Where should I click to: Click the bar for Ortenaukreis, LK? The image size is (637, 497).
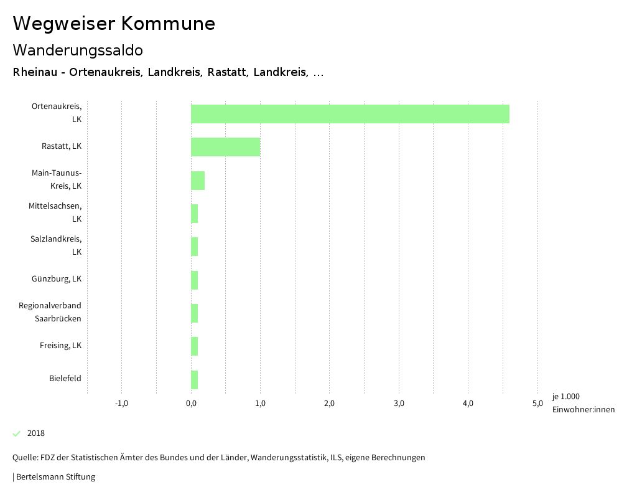click(350, 114)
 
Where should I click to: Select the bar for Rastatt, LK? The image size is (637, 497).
click(225, 147)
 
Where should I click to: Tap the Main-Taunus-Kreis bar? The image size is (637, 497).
click(198, 181)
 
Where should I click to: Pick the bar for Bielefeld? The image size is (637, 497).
click(195, 380)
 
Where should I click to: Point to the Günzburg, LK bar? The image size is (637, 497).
click(195, 280)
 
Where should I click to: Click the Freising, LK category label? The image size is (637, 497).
click(60, 346)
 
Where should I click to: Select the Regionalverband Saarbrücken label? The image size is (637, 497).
click(50, 312)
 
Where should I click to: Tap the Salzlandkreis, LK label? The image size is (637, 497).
click(56, 245)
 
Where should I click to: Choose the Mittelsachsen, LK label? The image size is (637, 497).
click(55, 212)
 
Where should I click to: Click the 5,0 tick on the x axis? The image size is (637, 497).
click(537, 404)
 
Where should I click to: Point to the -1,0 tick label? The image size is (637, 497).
click(122, 404)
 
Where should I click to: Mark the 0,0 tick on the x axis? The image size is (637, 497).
click(191, 404)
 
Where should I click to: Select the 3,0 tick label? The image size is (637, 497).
click(399, 404)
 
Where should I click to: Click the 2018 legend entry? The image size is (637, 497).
click(36, 433)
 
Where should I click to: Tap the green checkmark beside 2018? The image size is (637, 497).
click(17, 433)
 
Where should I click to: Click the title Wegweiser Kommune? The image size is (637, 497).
click(114, 24)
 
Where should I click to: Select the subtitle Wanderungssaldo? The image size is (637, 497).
click(78, 50)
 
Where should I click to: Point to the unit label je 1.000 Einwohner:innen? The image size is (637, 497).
click(583, 403)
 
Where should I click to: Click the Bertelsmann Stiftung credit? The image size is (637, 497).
click(55, 477)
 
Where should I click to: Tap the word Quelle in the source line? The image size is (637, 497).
click(24, 458)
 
